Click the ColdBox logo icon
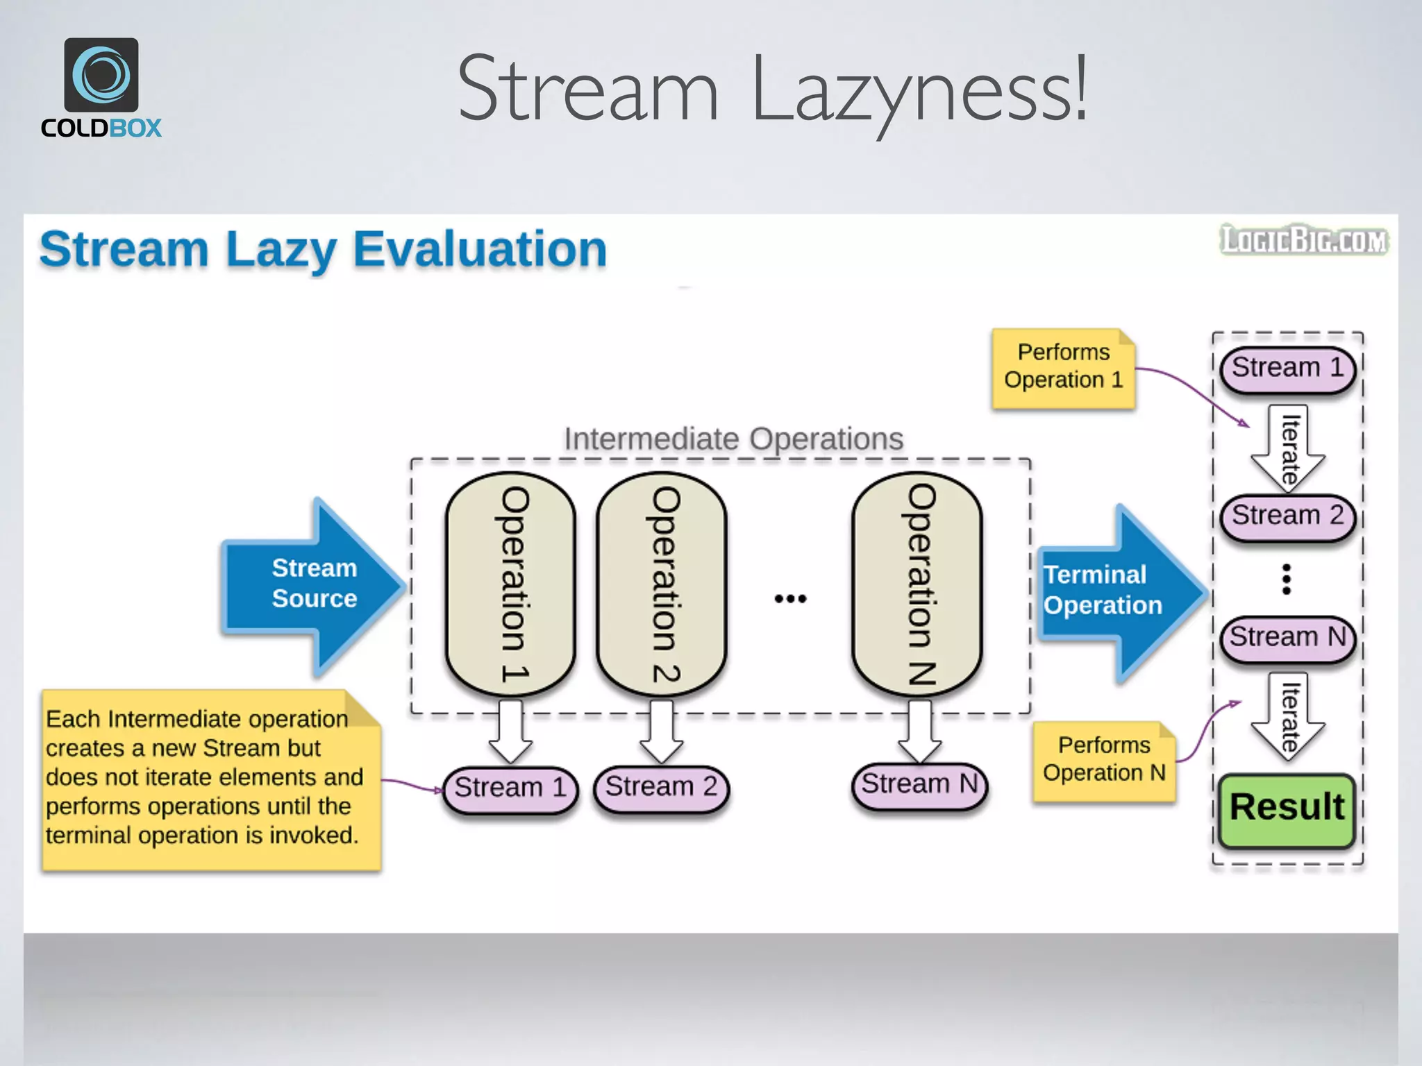pyautogui.click(x=101, y=74)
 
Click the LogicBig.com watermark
pyautogui.click(x=1304, y=240)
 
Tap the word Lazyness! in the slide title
pyautogui.click(x=918, y=90)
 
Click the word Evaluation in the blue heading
pyautogui.click(x=480, y=249)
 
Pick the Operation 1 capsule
pyautogui.click(x=512, y=584)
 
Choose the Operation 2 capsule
pyautogui.click(x=662, y=584)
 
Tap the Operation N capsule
pyautogui.click(x=918, y=584)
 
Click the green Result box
pyautogui.click(x=1287, y=809)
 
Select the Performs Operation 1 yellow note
pyautogui.click(x=1063, y=368)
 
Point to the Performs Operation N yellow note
pyautogui.click(x=1103, y=761)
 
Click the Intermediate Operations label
pyautogui.click(x=733, y=439)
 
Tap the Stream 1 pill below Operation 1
pyautogui.click(x=510, y=788)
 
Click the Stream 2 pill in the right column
pyautogui.click(x=1287, y=516)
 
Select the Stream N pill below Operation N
pyautogui.click(x=919, y=785)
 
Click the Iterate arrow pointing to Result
pyautogui.click(x=1288, y=717)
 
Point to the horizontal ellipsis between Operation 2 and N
pyautogui.click(x=790, y=598)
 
